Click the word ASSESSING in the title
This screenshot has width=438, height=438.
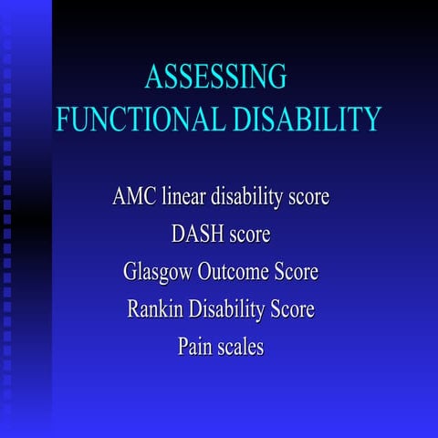point(215,77)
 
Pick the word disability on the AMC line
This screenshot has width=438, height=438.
point(252,197)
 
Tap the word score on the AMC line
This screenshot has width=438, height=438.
point(308,197)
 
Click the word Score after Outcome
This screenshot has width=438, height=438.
point(297,272)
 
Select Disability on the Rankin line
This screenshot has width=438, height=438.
point(225,310)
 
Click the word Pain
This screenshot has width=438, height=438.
point(195,347)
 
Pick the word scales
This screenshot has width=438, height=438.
point(241,347)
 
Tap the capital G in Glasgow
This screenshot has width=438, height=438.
point(129,272)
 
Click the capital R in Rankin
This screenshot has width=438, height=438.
point(134,309)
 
